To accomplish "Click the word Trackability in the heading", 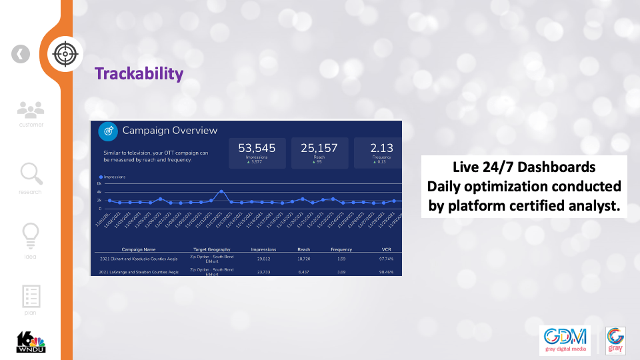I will (139, 73).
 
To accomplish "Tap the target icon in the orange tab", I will (65, 53).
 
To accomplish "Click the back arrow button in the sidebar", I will (21, 54).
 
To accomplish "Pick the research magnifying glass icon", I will (31, 174).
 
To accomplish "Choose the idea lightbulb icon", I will (31, 235).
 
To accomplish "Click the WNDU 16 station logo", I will (31, 341).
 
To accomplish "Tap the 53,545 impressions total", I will (257, 148).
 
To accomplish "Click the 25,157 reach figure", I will (319, 148).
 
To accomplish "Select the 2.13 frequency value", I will (381, 148).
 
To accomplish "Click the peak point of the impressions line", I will (221, 191).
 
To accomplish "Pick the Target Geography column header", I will (211, 249).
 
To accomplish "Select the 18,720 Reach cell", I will (303, 258).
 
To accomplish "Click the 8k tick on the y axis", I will (99, 183).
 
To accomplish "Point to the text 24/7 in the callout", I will (497, 167).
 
